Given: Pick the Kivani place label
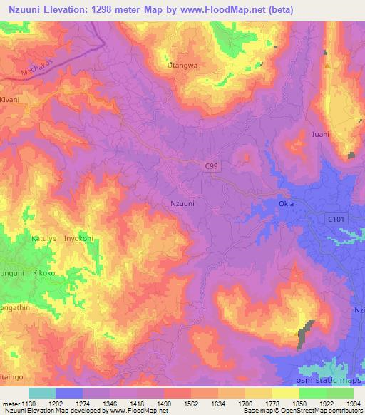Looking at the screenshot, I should tap(12, 101).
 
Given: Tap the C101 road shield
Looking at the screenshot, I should tap(335, 219).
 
